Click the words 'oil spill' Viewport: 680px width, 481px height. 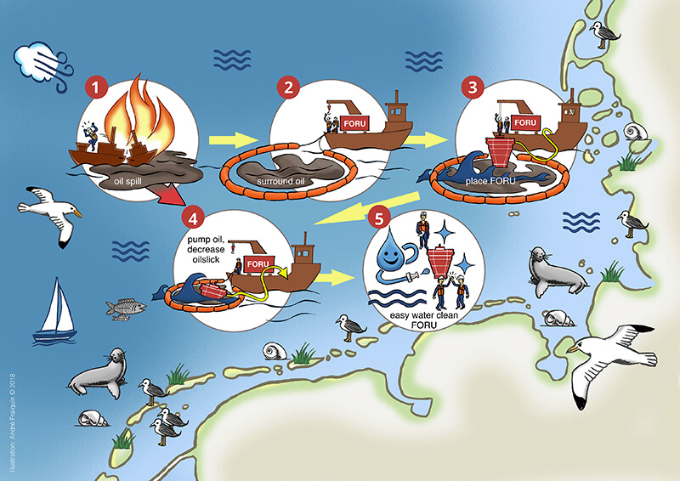[x=130, y=180]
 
